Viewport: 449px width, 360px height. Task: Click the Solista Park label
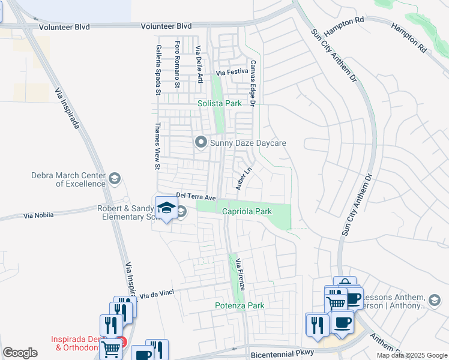click(220, 103)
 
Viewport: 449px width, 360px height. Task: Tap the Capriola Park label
click(247, 211)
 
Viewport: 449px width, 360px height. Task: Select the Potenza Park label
click(240, 305)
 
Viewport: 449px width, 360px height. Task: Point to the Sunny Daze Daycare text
click(248, 143)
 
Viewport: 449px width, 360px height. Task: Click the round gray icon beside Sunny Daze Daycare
click(200, 143)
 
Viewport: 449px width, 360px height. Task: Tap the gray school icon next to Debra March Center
click(114, 179)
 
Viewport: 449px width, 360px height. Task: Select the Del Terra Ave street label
click(196, 196)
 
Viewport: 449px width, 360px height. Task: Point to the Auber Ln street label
click(243, 179)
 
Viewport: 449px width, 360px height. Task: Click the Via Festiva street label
click(232, 73)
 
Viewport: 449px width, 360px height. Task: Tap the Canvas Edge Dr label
click(253, 83)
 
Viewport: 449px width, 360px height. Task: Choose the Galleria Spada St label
click(158, 70)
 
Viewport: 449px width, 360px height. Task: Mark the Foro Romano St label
click(177, 64)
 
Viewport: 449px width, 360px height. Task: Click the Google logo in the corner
click(20, 353)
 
